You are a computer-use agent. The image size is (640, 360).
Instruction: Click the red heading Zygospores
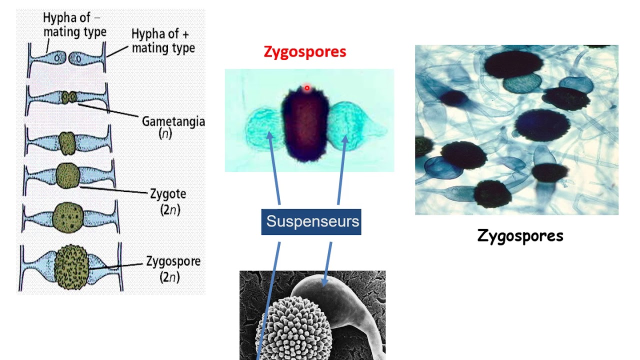[305, 52]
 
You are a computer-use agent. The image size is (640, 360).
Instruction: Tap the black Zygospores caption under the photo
[520, 236]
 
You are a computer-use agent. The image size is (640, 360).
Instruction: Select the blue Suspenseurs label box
[311, 222]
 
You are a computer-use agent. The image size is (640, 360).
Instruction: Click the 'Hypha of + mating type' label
[163, 41]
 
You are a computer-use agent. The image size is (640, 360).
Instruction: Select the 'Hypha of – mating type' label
[74, 24]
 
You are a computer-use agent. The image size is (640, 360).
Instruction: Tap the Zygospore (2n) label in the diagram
[173, 269]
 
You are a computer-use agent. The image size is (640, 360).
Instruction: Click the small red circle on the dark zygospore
[307, 88]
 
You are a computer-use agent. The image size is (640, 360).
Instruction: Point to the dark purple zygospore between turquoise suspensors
[305, 124]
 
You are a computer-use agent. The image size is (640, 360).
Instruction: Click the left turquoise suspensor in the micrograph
[264, 128]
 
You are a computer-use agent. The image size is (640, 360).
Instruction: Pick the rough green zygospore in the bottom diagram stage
[71, 267]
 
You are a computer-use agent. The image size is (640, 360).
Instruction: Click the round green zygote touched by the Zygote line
[67, 175]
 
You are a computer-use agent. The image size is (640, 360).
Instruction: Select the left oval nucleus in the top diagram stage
[57, 58]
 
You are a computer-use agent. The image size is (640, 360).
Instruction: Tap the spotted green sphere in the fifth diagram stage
[68, 217]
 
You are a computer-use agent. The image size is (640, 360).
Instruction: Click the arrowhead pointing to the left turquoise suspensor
[269, 135]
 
